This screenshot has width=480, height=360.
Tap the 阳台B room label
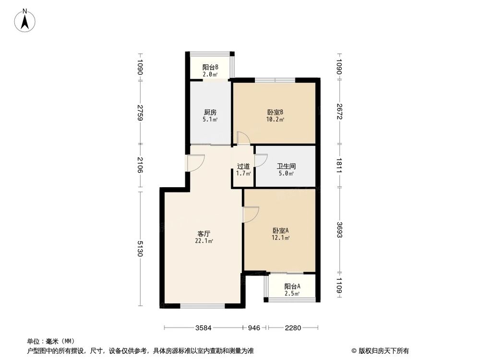coord(210,68)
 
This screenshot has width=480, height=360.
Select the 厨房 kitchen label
coord(210,113)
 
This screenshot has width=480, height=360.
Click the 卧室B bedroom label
coord(276,113)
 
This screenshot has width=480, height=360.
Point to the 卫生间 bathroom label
coord(287,167)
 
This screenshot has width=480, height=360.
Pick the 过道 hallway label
coord(243,167)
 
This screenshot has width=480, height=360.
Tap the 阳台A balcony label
coord(292,287)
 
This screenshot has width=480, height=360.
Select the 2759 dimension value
coord(140,112)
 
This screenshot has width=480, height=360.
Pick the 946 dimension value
coord(254,328)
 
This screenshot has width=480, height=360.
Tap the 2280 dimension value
coord(292,328)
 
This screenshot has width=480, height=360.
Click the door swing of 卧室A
coord(251,214)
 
